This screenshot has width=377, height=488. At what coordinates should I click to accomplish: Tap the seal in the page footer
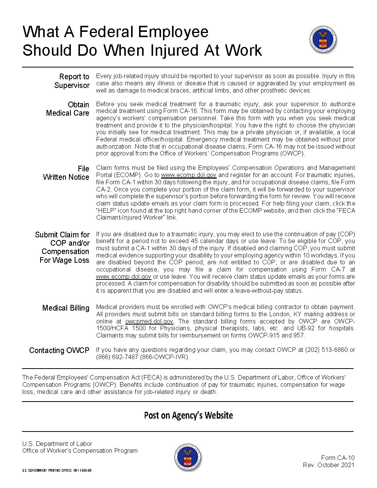[x=188, y=457]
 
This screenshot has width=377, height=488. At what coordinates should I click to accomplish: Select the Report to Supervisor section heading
[x=72, y=81]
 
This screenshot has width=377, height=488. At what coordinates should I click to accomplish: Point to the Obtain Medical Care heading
[x=68, y=109]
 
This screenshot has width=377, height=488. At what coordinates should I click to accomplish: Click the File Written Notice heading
[x=67, y=173]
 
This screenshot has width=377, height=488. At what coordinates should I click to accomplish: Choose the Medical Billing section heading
[x=66, y=308]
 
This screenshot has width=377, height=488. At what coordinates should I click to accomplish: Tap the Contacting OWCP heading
[x=59, y=350]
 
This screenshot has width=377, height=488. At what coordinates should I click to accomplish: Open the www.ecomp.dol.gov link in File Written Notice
[x=189, y=175]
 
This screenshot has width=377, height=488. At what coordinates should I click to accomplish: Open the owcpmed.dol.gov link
[x=149, y=322]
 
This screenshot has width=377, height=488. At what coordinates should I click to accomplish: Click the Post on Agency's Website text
[x=188, y=416]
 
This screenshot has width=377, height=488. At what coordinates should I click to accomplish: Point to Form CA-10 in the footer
[x=338, y=458]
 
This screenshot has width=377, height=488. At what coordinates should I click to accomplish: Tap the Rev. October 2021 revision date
[x=329, y=465]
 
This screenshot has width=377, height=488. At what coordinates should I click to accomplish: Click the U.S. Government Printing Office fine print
[x=57, y=471]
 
